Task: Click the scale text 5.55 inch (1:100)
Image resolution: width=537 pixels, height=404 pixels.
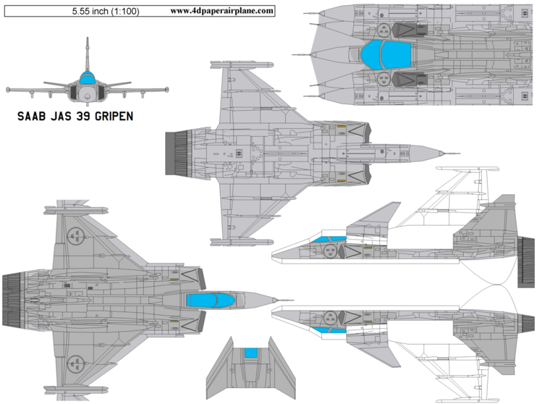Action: coord(106,12)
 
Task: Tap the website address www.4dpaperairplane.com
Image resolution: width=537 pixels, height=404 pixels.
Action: coord(222,11)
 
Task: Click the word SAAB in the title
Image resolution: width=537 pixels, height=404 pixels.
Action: coord(32,116)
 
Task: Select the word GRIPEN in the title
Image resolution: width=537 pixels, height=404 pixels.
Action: coord(114,116)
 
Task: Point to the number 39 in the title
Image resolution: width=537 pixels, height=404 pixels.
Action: coord(83,116)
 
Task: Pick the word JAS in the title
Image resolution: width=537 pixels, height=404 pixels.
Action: coord(61,116)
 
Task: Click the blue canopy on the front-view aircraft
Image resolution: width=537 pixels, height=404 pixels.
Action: coord(87,79)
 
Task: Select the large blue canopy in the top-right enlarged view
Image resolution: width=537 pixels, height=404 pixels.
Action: coord(385,54)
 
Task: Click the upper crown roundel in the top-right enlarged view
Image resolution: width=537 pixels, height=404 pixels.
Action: coord(384,30)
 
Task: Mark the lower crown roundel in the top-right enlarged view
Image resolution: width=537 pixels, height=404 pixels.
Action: coord(384,79)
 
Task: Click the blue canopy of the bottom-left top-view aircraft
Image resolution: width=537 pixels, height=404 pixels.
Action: coord(210,300)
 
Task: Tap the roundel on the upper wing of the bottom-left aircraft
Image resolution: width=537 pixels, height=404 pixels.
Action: coord(76,235)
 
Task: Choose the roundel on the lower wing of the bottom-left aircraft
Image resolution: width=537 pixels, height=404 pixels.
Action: coord(76,364)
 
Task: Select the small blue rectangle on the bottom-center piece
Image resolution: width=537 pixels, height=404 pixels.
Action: coord(250,353)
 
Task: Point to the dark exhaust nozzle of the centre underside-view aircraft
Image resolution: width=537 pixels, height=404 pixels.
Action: coord(177,153)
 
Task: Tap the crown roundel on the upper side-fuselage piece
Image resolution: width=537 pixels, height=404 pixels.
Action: coord(330,251)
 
